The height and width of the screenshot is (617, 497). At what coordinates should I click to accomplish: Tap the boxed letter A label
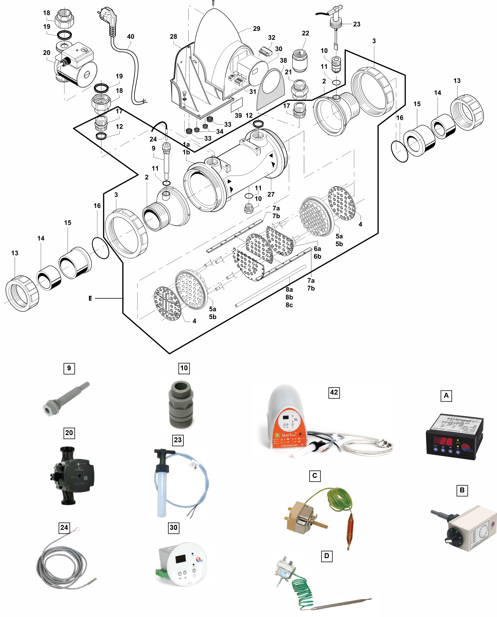point(446,395)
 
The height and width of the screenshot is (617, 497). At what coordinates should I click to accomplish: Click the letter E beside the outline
point(90,298)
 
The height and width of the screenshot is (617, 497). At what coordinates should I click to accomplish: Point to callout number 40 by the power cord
point(130,37)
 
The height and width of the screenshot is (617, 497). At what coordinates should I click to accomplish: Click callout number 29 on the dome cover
point(256,29)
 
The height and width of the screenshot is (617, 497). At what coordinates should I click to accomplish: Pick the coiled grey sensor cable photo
point(64,570)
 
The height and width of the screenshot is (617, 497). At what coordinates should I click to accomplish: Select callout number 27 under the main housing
point(271,194)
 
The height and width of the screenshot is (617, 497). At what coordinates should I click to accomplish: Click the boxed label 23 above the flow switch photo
point(177,440)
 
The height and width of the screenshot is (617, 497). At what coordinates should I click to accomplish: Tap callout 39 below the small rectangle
point(238,116)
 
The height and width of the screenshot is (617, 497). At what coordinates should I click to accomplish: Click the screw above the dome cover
point(213,3)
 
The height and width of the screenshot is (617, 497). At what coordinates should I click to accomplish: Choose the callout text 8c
point(289,305)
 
